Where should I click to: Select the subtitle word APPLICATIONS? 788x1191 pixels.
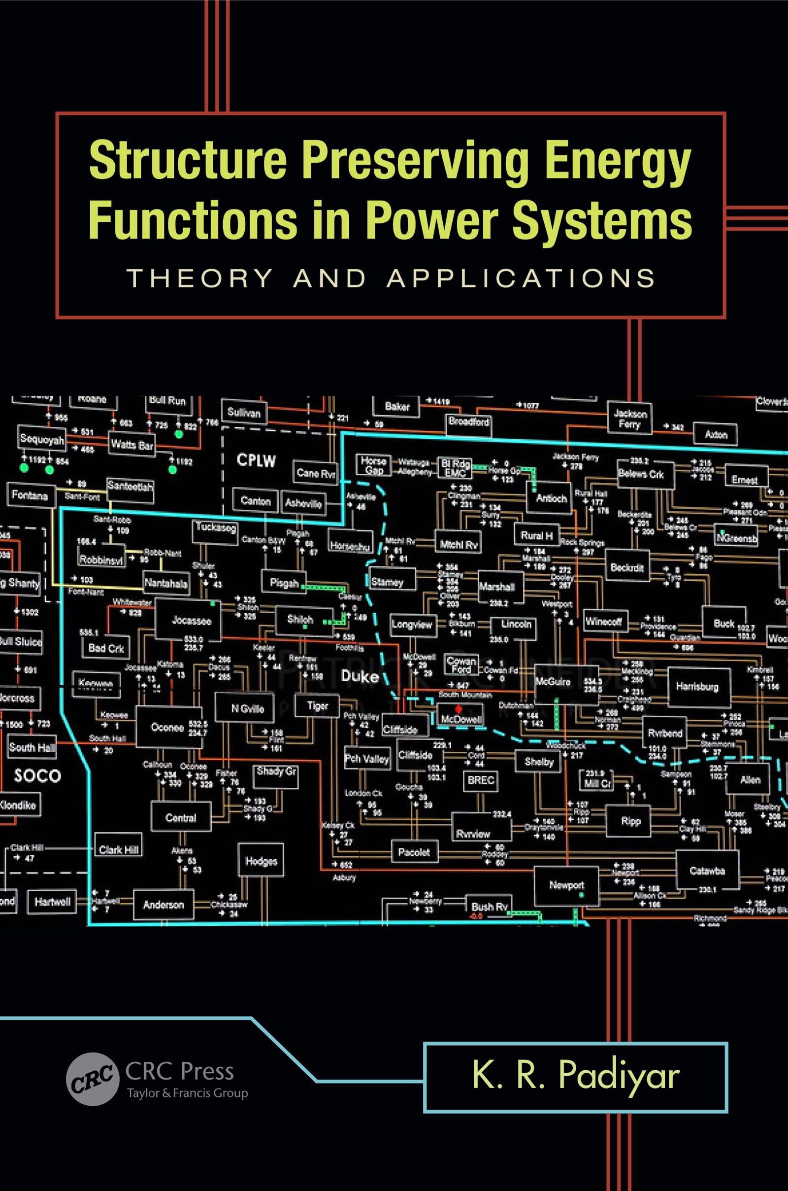click(x=521, y=278)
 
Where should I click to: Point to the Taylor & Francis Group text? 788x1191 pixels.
click(x=187, y=1093)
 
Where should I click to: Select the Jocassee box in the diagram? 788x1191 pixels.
click(x=191, y=620)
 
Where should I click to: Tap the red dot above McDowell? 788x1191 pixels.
click(x=458, y=709)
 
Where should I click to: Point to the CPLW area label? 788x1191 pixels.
click(x=256, y=461)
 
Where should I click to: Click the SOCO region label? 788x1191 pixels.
click(x=38, y=775)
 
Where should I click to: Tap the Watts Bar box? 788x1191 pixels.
click(x=132, y=445)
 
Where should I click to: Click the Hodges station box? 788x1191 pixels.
click(x=262, y=861)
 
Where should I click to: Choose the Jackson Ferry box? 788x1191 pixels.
click(x=630, y=419)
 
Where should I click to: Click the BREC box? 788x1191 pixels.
click(x=481, y=780)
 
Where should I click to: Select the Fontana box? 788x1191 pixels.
click(x=29, y=496)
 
